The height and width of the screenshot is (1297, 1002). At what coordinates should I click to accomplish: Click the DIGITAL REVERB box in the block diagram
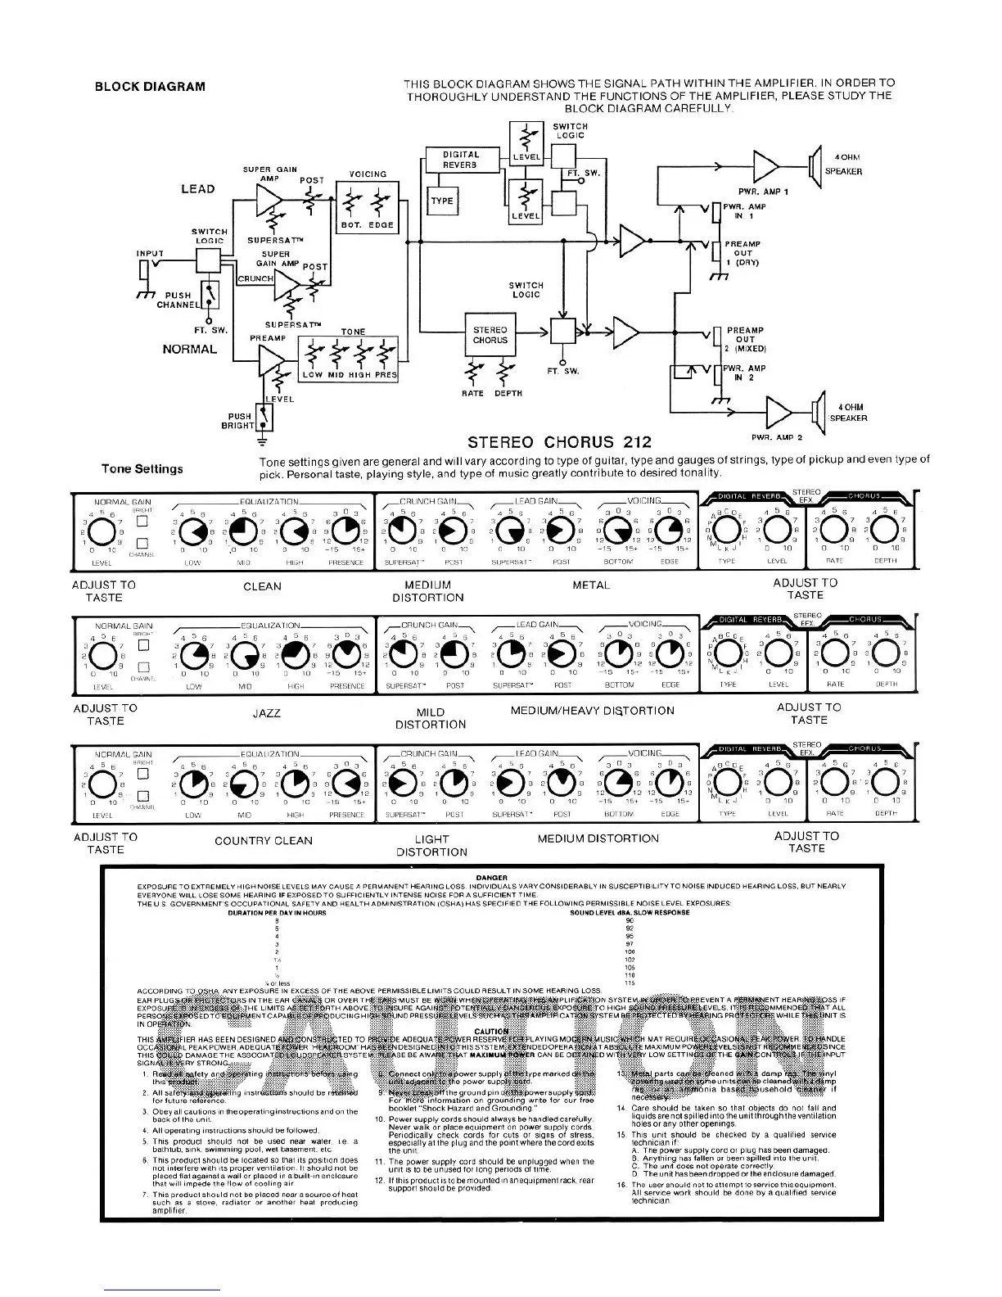coord(461,159)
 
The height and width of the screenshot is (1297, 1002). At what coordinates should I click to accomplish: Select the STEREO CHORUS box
coord(490,335)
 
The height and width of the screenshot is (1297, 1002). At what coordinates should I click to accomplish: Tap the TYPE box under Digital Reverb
coord(442,201)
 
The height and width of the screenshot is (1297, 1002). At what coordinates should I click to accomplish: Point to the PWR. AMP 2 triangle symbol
coord(779,412)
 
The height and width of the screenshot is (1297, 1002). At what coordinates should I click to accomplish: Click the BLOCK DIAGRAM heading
coord(150,87)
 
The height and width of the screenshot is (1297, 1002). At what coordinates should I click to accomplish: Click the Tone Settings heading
coord(142,469)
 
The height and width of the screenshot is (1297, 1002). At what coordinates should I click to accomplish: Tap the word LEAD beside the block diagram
coord(198,189)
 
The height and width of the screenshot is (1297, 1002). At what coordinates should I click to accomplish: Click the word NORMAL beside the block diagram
coord(190,350)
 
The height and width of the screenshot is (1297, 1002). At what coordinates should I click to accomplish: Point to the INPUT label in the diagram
coord(150,254)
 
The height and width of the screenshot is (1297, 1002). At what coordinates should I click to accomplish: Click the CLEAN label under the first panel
coord(262,586)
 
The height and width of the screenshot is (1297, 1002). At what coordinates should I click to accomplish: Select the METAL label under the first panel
coord(591,585)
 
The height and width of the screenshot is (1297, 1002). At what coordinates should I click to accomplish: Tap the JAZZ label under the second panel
coord(267,713)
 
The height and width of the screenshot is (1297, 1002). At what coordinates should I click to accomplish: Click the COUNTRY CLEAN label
coord(264,841)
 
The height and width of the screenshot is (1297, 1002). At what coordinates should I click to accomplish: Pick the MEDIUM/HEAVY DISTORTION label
coord(592,711)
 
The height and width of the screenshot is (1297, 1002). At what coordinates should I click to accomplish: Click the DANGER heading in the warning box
coord(491,878)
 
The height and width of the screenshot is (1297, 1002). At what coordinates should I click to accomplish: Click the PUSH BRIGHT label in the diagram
coord(240,421)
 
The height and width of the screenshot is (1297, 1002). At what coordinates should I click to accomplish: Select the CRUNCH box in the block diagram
coord(255,279)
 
